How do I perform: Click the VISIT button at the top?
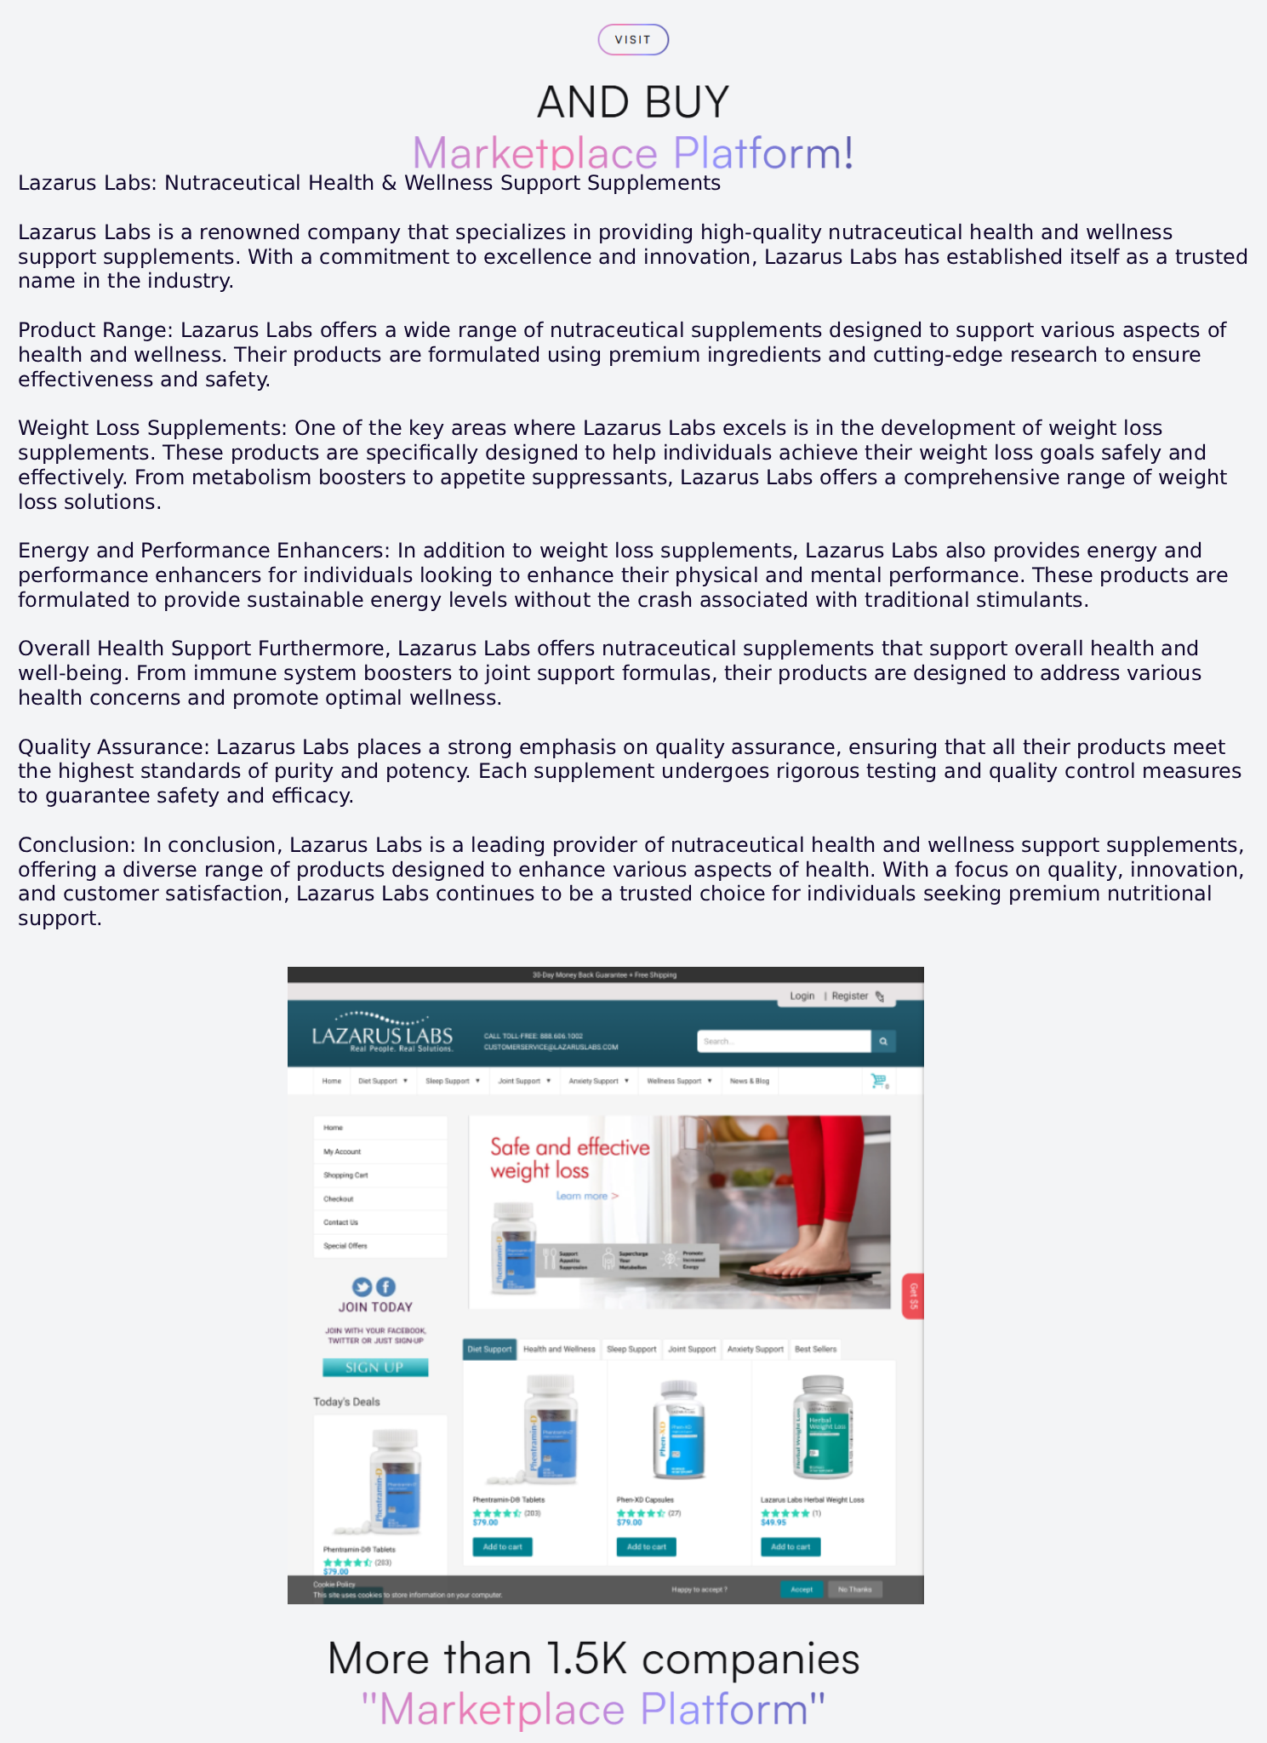pos(633,40)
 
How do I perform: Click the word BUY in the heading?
pos(687,102)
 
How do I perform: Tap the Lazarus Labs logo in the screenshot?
pos(382,1032)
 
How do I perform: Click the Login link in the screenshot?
pos(802,996)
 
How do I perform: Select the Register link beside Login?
pos(850,996)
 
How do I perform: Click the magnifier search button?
pos(883,1041)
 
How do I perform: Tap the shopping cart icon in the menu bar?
pos(878,1081)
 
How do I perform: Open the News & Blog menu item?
pos(749,1081)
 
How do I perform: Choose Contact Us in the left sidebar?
pos(340,1222)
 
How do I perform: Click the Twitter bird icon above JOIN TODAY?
pos(362,1287)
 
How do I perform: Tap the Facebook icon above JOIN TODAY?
pos(385,1287)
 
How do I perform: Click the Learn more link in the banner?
pos(586,1196)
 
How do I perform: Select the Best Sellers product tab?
pos(815,1349)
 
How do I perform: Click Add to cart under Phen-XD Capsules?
pos(647,1546)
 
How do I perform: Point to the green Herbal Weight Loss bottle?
pos(823,1427)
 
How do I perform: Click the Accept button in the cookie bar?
pos(802,1589)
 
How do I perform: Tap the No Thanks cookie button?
pos(854,1589)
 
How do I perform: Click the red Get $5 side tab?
pos(913,1296)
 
